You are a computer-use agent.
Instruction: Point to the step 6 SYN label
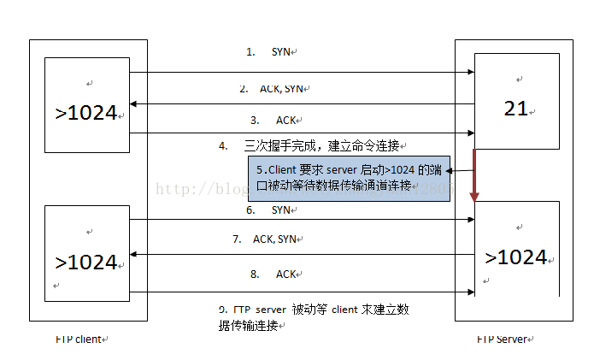[x=271, y=210]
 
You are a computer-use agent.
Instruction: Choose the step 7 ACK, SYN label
[x=266, y=240]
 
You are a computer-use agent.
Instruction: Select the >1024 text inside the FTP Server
[x=515, y=257]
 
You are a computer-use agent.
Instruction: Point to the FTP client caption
[x=79, y=339]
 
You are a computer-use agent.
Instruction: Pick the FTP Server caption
[x=504, y=339]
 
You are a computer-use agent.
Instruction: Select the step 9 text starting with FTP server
[x=313, y=316]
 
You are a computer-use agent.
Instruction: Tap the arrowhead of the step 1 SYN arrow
[x=470, y=73]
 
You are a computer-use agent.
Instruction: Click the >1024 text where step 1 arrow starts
[x=86, y=112]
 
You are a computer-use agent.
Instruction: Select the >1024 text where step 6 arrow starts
[x=86, y=263]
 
